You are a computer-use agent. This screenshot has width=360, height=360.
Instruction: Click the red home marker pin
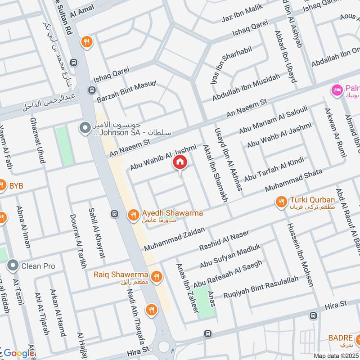180,162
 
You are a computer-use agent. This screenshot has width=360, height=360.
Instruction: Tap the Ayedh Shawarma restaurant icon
133,215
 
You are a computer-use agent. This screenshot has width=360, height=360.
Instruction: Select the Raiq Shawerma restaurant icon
157,277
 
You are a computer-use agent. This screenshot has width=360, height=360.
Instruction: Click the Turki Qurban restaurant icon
281,202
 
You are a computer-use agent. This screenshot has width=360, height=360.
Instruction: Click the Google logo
19,353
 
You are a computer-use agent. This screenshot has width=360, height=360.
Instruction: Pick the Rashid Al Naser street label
224,240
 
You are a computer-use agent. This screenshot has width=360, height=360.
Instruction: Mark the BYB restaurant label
16,185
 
